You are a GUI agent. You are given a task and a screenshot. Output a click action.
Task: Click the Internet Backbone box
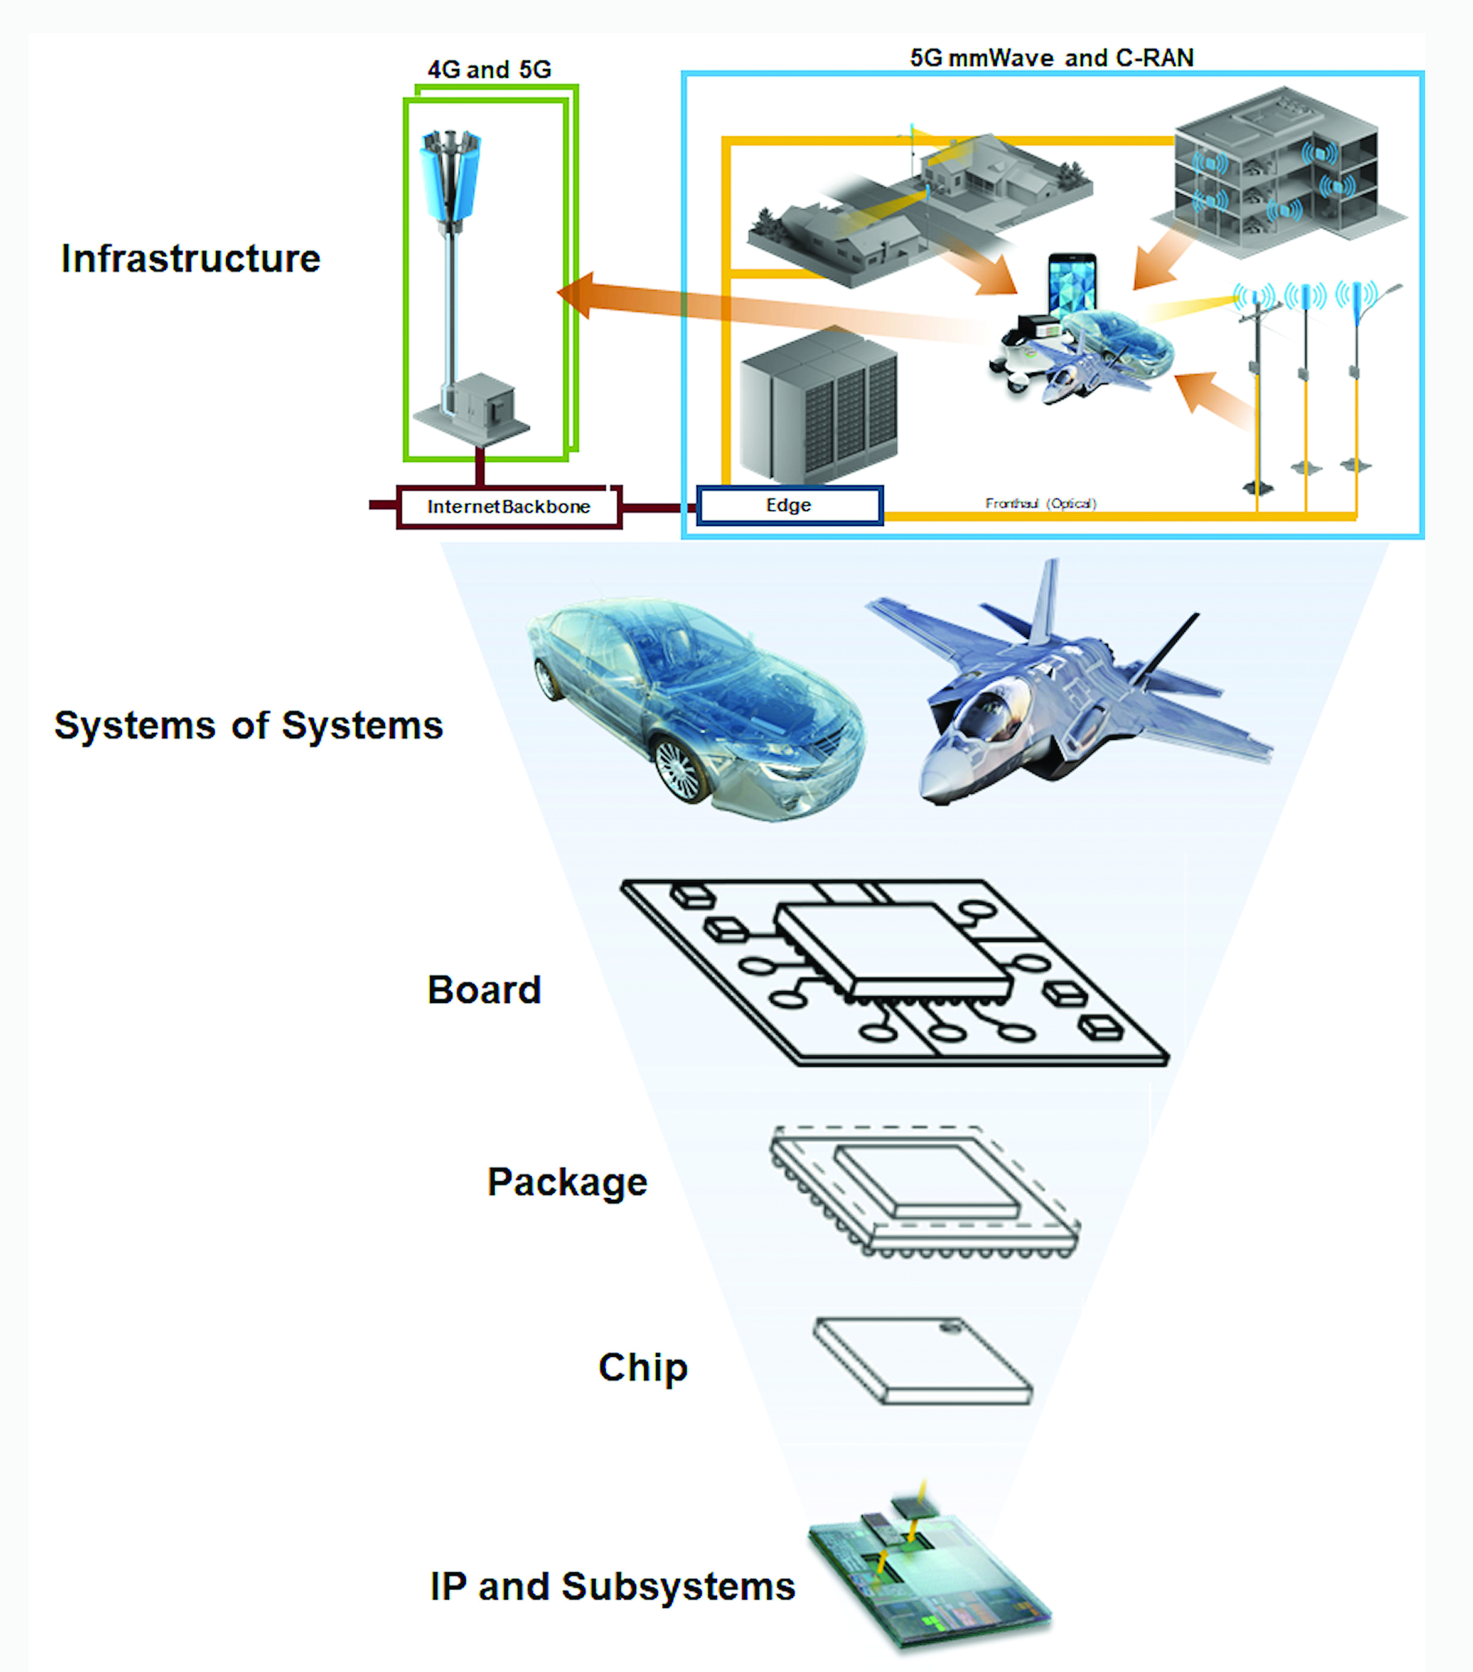pyautogui.click(x=508, y=506)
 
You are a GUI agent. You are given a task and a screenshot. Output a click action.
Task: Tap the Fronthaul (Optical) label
pyautogui.click(x=1040, y=503)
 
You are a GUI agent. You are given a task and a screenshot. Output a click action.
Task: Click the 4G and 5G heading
pyautogui.click(x=489, y=69)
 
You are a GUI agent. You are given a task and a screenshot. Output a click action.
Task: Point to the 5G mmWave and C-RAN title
pyautogui.click(x=1051, y=57)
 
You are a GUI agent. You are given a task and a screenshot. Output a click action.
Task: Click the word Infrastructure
pyautogui.click(x=191, y=258)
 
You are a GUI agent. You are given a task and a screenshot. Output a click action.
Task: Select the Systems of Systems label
pyautogui.click(x=248, y=725)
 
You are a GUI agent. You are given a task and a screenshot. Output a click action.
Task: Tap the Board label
pyautogui.click(x=484, y=990)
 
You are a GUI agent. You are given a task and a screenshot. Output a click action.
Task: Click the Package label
pyautogui.click(x=567, y=1182)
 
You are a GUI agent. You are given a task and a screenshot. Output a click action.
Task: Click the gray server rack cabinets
pyautogui.click(x=818, y=405)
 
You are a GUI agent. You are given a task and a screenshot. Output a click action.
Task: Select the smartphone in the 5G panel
pyautogui.click(x=1072, y=286)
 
